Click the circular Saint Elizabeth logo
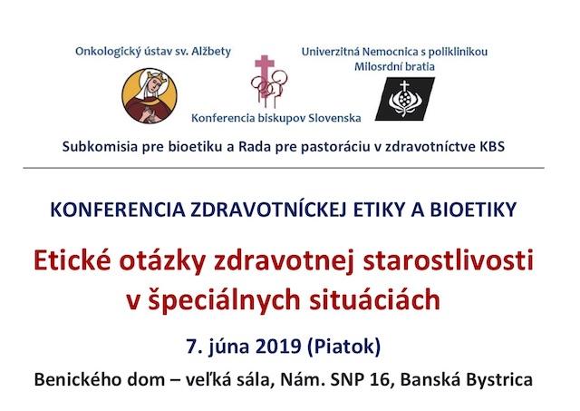tap(150, 95)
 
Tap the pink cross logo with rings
tap(269, 81)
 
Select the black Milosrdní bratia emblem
tap(405, 99)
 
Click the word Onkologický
tap(107, 52)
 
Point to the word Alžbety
tap(211, 51)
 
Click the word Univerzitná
tap(330, 52)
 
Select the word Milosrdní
tap(375, 66)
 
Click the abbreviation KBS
tap(492, 147)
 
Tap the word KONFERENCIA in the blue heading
tap(118, 210)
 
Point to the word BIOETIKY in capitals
tap(473, 210)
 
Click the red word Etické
tap(72, 260)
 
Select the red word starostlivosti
tap(449, 260)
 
